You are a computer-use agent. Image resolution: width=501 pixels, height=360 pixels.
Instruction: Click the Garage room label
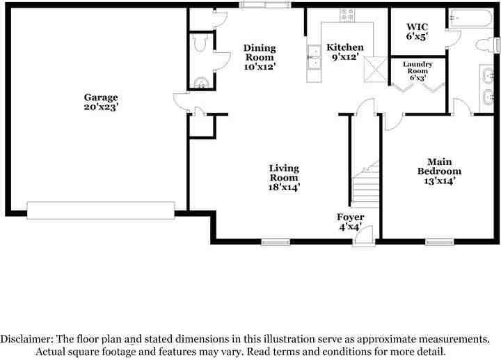point(101,97)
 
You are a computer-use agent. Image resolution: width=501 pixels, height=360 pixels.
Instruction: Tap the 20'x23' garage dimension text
point(101,107)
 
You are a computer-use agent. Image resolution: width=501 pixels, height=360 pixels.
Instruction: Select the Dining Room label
point(260,53)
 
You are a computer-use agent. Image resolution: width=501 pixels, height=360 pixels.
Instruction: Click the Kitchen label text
point(345,47)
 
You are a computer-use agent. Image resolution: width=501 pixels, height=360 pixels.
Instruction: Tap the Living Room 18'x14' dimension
point(284,187)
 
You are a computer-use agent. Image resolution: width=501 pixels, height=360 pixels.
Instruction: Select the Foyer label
point(350,218)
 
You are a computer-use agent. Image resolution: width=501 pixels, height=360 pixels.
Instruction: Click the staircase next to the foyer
point(365,185)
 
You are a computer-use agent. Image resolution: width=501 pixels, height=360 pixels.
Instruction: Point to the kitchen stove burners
point(347,14)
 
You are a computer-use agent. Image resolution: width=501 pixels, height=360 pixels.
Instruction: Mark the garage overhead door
point(100,210)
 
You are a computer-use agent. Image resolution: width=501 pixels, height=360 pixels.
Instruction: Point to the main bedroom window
point(439,242)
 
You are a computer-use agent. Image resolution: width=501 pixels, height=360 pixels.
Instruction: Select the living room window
point(276,242)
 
